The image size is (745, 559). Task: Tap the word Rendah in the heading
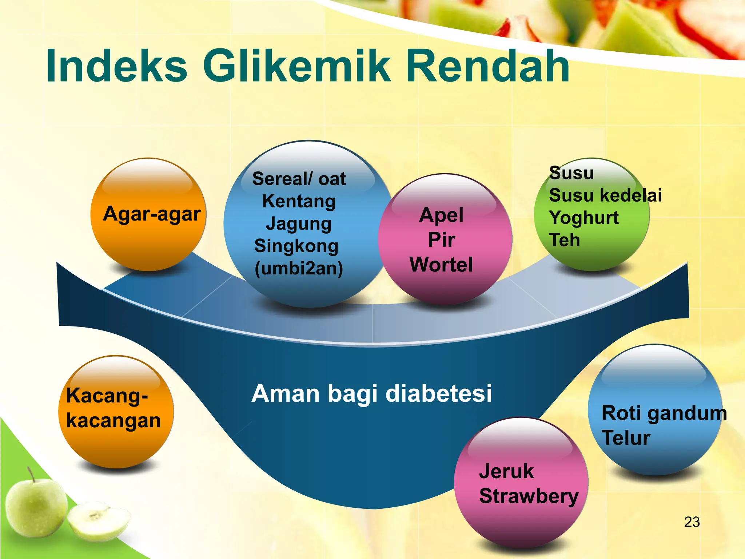(x=487, y=66)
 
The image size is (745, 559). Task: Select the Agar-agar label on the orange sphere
(x=152, y=214)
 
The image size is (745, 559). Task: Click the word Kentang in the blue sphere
(x=299, y=201)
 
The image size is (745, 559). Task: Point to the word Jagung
(x=299, y=224)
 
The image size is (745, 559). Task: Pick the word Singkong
(x=296, y=246)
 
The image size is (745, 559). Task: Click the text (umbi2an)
(x=299, y=269)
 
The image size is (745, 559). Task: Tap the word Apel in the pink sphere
(x=441, y=215)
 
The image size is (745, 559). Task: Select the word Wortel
(x=441, y=264)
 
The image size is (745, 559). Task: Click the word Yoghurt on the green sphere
(x=583, y=218)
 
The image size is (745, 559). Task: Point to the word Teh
(x=564, y=240)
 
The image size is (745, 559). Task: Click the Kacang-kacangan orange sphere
(x=116, y=411)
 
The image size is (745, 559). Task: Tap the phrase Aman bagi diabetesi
(x=371, y=394)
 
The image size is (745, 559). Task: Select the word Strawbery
(x=529, y=496)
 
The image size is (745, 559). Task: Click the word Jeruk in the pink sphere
(x=506, y=472)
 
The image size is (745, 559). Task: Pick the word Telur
(x=626, y=438)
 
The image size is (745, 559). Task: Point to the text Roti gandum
(x=664, y=413)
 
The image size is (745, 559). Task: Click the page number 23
(x=692, y=522)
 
